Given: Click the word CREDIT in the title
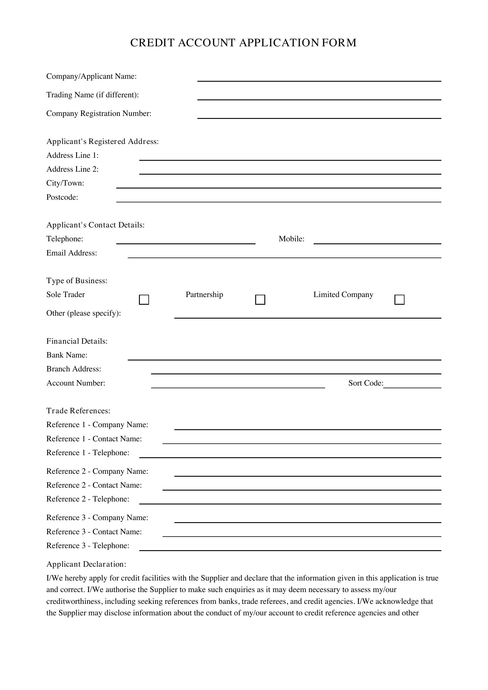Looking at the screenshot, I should pos(152,43).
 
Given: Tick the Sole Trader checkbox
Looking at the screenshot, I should pos(144,300).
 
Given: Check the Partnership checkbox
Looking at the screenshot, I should pos(260,300).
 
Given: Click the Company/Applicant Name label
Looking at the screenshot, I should pos(91,76).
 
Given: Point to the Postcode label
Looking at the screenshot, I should pos(62,197).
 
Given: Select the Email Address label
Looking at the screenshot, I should pos(71,253).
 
